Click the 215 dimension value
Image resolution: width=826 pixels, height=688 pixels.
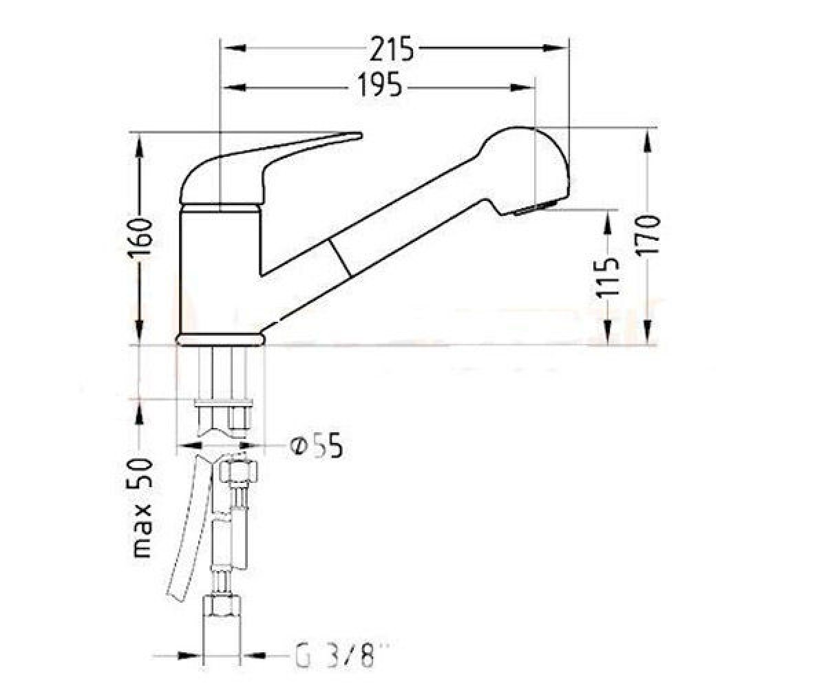coord(392,49)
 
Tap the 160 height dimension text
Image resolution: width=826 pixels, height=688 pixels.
coord(140,238)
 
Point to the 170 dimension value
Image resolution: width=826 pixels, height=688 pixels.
coord(648,235)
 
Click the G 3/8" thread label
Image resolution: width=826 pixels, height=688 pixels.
coord(341,645)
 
